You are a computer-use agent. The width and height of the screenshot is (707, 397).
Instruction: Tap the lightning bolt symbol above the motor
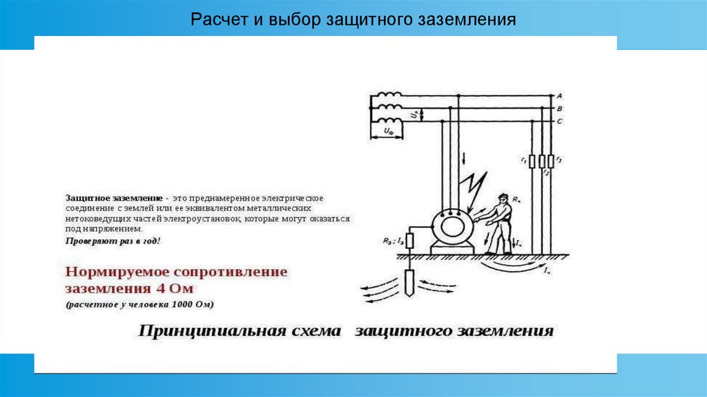474,187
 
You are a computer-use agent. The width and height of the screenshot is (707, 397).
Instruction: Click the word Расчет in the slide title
214,19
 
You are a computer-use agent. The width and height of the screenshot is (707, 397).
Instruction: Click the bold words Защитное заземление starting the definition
114,198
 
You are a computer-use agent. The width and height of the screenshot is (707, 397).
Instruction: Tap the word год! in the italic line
148,241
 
